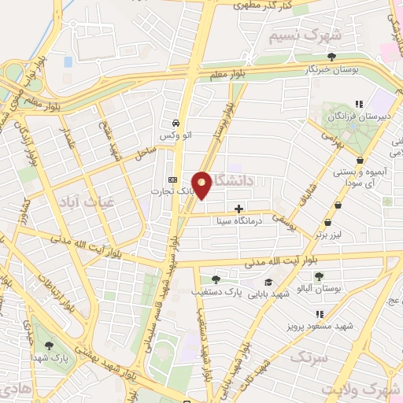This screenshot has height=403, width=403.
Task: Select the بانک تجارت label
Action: [173, 190]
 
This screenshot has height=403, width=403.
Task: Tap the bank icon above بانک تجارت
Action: [173, 179]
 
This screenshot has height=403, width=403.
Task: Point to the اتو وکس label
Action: [176, 136]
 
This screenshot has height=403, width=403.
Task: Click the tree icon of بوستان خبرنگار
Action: [332, 56]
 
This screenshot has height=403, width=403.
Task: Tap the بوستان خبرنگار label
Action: [332, 68]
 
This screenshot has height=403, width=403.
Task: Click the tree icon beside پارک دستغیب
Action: [216, 279]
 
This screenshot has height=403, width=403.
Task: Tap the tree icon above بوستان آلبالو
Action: [319, 276]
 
